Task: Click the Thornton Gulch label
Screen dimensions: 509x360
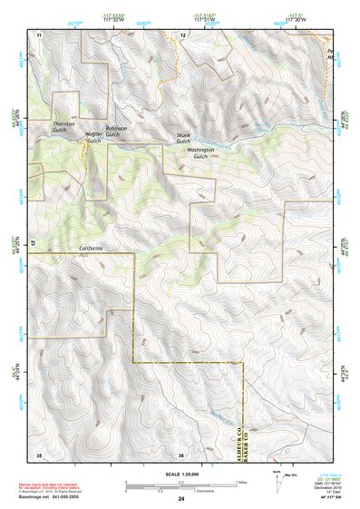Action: [x=63, y=125]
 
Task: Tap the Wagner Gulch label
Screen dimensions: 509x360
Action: [x=93, y=137]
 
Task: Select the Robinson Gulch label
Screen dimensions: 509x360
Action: [x=116, y=131]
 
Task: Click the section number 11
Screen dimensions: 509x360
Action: [x=39, y=34]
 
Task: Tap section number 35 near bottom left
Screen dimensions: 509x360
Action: [x=39, y=454]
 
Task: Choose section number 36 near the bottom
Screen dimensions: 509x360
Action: [x=181, y=455]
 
